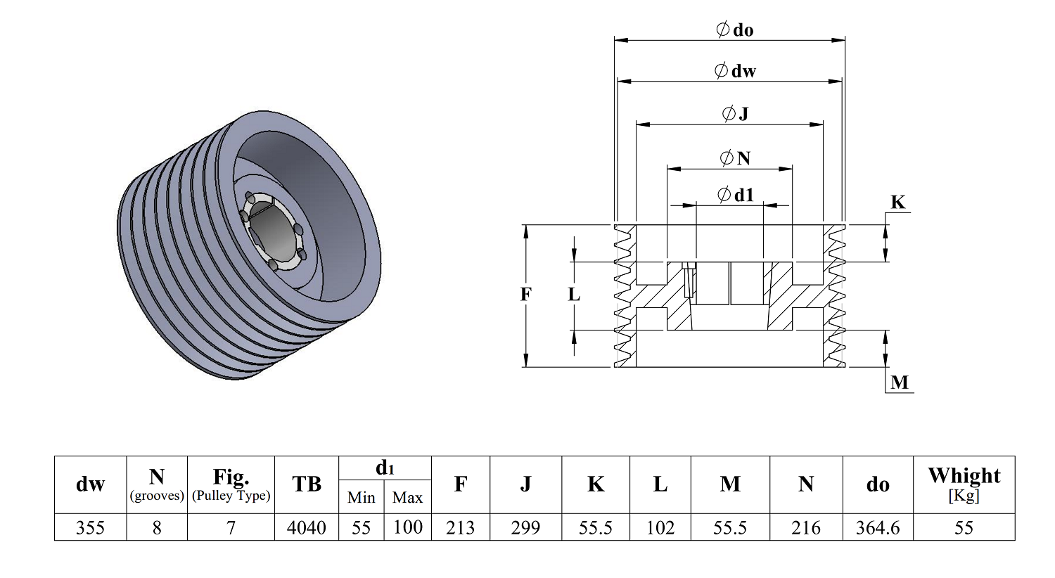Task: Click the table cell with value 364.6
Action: [x=878, y=527]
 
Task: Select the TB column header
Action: [x=307, y=484]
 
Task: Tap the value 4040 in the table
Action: [x=307, y=527]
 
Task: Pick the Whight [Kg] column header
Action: [x=964, y=484]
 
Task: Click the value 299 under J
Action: [x=525, y=527]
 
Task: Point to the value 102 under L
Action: [x=660, y=527]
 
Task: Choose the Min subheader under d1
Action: [x=362, y=497]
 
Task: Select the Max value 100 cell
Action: [x=407, y=527]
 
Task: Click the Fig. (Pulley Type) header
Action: [x=231, y=484]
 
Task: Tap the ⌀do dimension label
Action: [x=734, y=30]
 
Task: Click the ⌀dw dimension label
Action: [x=735, y=70]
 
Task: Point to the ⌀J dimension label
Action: [x=735, y=113]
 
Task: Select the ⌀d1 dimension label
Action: [x=735, y=194]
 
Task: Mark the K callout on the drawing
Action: [x=897, y=202]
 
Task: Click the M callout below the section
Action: [x=900, y=383]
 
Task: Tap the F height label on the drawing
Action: [x=525, y=294]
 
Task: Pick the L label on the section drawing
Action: [x=574, y=294]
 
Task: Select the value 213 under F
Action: [x=460, y=527]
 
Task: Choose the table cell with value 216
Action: [x=806, y=527]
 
